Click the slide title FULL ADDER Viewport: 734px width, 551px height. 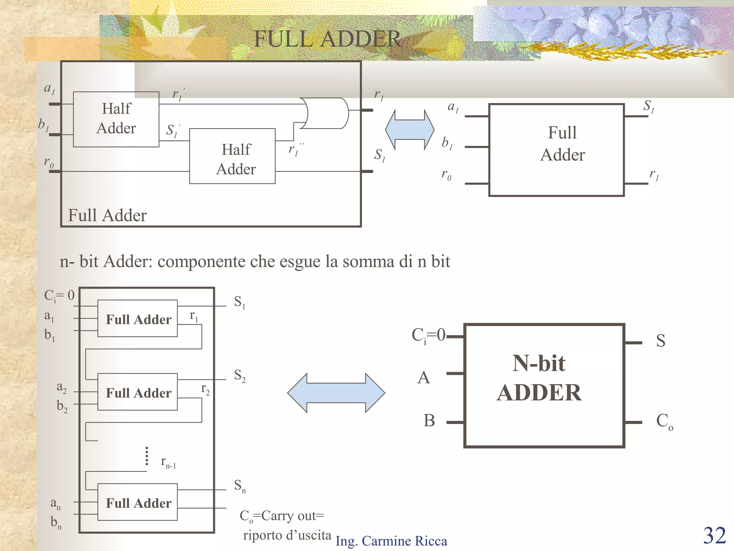tap(327, 39)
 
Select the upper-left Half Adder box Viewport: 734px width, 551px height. tap(116, 119)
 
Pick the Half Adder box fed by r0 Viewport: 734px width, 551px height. tap(232, 156)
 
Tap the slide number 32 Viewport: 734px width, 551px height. tap(714, 536)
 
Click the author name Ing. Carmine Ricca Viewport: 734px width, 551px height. tap(391, 541)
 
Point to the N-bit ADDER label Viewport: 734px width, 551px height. tap(539, 378)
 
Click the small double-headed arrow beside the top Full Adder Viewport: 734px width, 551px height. tap(410, 129)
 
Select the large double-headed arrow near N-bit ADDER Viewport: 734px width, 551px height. tap(336, 393)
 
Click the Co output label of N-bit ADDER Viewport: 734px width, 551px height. tap(664, 421)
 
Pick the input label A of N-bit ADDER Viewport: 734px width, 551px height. tap(424, 378)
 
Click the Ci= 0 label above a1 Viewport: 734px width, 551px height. tap(59, 296)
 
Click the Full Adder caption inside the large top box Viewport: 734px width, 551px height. tap(107, 215)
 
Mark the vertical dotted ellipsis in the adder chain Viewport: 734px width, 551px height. tap(147, 456)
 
